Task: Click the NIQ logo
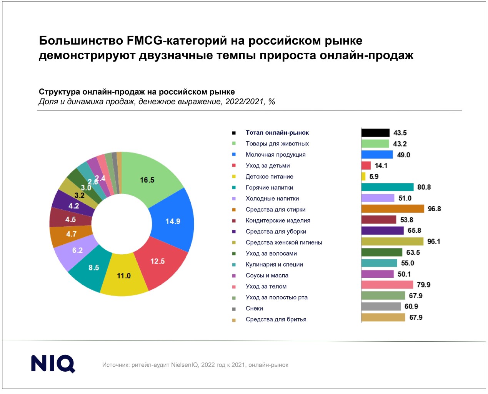(x=53, y=364)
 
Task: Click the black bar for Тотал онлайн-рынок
(x=375, y=133)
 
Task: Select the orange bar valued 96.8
(x=393, y=209)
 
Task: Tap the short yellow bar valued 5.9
(x=363, y=177)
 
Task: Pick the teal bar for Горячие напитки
(x=387, y=187)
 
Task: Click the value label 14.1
(x=381, y=166)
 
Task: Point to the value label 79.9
(x=423, y=285)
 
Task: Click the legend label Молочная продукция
(x=275, y=155)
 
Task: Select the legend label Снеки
(x=254, y=309)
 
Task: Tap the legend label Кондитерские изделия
(x=278, y=221)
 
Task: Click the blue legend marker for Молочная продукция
(x=234, y=155)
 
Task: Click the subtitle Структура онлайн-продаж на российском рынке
(x=137, y=92)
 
